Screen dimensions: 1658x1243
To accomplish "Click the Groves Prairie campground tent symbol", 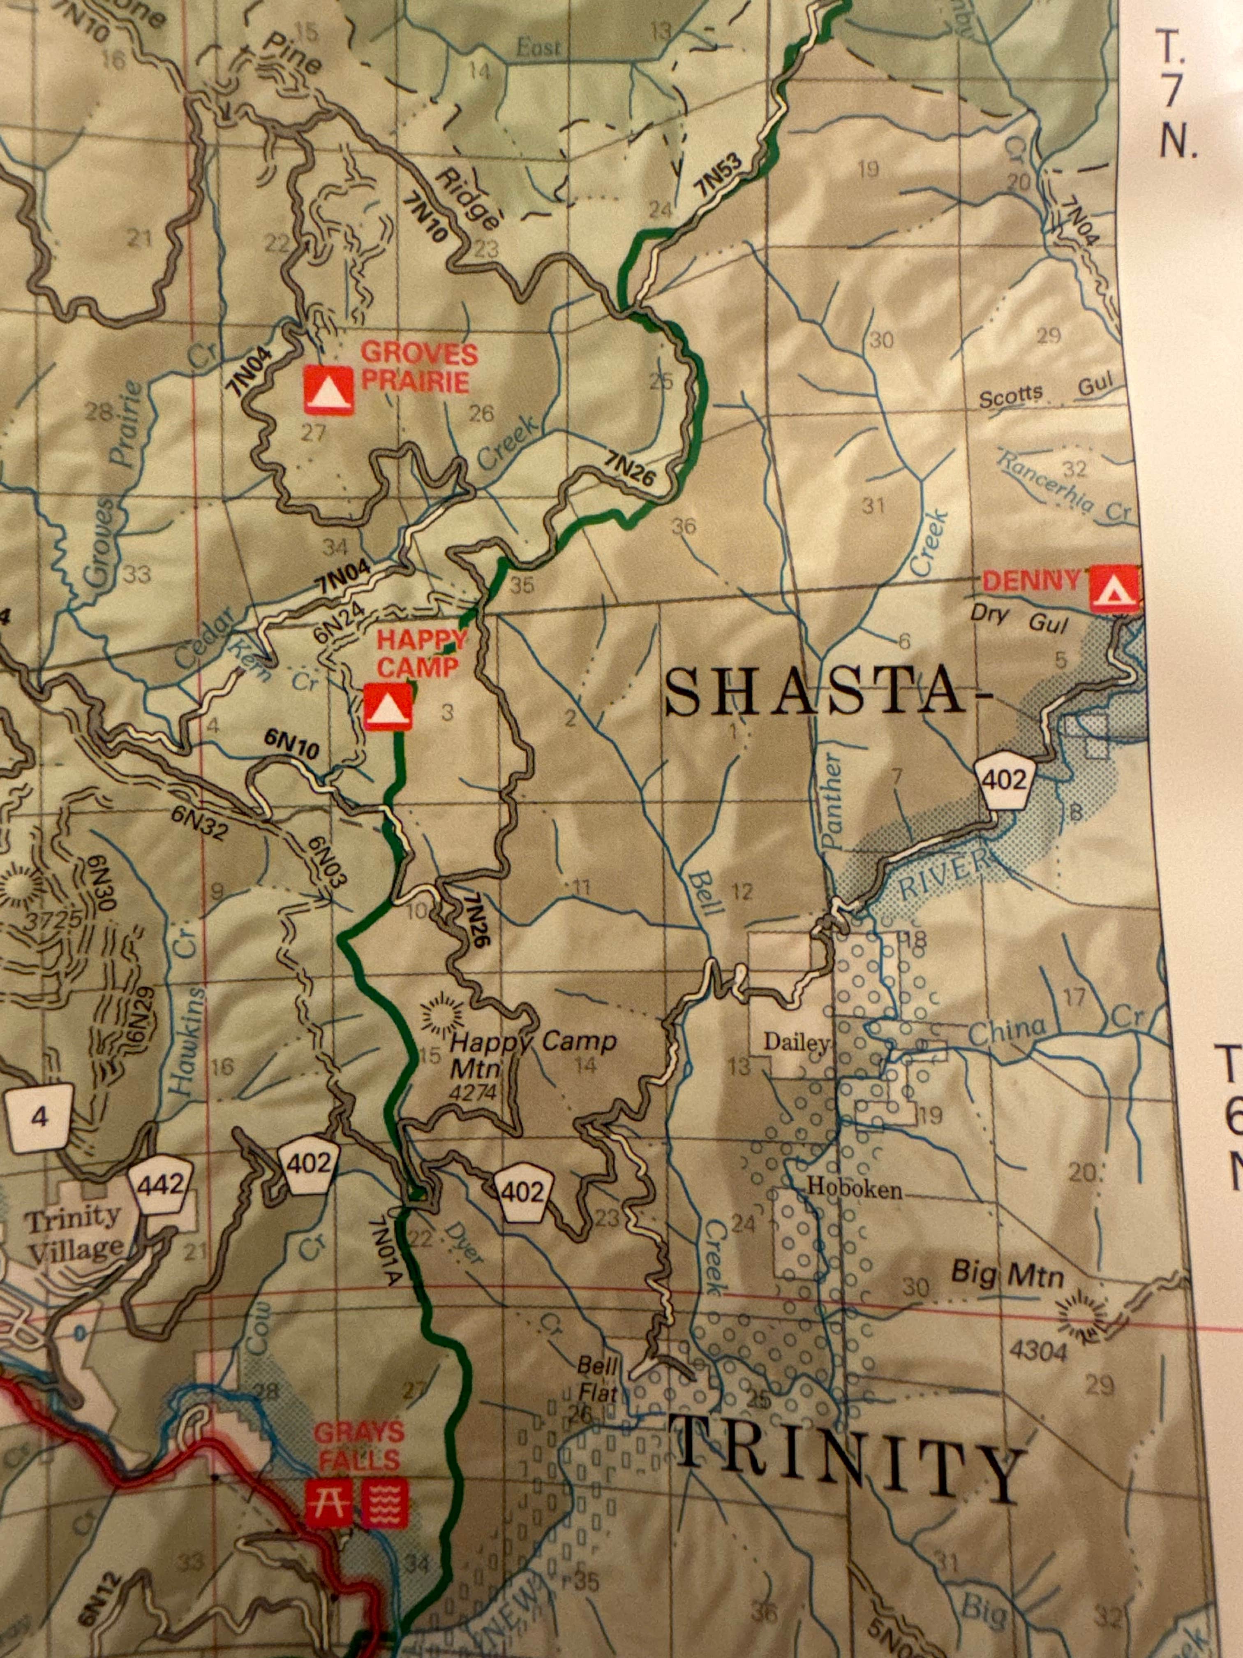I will click(328, 390).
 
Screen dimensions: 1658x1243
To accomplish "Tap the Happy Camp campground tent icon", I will click(387, 706).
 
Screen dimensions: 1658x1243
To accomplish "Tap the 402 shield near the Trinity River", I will click(1004, 782).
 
